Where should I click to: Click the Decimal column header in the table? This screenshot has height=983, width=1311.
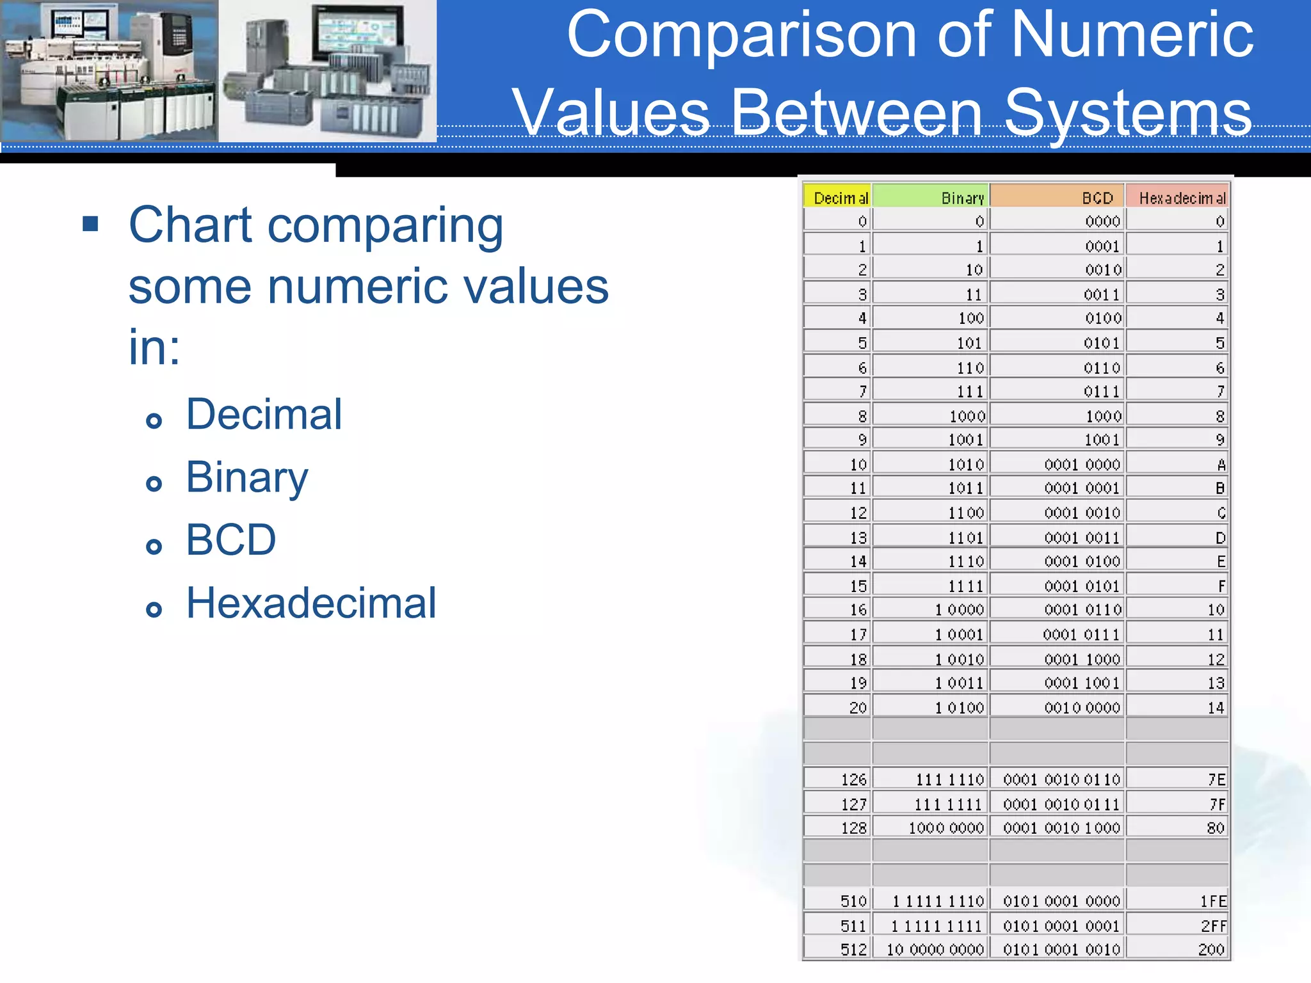point(840,198)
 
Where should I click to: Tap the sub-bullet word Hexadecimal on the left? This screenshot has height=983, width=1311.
point(311,603)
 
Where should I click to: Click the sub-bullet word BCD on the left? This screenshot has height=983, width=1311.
point(231,539)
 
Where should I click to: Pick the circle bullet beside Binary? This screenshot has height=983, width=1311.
point(154,483)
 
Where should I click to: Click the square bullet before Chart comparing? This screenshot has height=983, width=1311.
point(90,225)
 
